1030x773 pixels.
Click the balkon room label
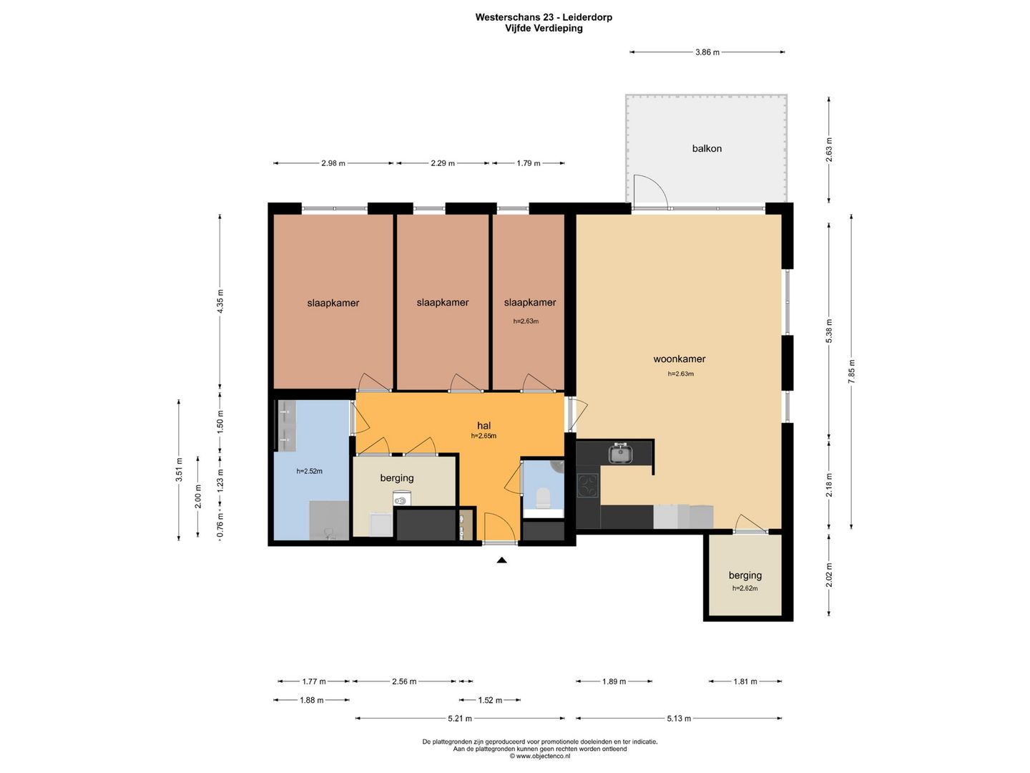(x=707, y=148)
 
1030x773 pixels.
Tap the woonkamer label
(x=679, y=359)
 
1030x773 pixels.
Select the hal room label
(x=484, y=426)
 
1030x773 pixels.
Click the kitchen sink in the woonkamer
(x=620, y=454)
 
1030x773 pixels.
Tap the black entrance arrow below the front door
(x=501, y=560)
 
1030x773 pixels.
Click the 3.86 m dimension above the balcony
(x=707, y=52)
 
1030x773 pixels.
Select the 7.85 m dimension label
(x=852, y=371)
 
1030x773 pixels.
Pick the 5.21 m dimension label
(x=460, y=718)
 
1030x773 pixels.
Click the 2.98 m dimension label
(x=333, y=163)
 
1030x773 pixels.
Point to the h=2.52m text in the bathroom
(x=309, y=471)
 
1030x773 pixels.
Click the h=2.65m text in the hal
(x=484, y=436)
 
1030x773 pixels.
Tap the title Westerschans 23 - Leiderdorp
(x=544, y=17)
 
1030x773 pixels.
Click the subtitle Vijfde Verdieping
(x=544, y=28)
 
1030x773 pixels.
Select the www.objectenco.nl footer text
(x=539, y=756)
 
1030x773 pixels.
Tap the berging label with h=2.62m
(x=745, y=575)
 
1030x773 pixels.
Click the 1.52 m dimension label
(x=490, y=700)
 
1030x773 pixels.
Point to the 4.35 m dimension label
(x=220, y=301)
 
